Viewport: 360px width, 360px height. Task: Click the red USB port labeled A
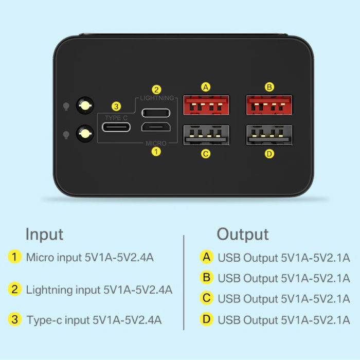[206, 105]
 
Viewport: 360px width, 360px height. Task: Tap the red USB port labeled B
[269, 105]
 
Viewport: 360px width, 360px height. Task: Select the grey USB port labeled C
[206, 135]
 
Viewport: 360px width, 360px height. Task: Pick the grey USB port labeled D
[269, 135]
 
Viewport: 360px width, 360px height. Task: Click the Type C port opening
[116, 127]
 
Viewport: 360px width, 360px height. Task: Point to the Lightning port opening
[156, 113]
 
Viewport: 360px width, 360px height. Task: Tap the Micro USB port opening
[156, 127]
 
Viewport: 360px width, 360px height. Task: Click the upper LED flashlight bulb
[85, 105]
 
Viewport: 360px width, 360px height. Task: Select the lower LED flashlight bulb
[85, 133]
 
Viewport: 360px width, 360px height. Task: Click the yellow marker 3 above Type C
[116, 106]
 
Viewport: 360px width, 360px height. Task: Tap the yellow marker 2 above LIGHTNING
[156, 90]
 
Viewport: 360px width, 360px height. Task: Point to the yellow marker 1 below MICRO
[156, 152]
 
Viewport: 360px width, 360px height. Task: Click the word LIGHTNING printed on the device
[157, 98]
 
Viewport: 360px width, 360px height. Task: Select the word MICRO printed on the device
[156, 143]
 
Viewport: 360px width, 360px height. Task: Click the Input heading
[45, 235]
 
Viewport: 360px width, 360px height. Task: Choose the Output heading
[243, 235]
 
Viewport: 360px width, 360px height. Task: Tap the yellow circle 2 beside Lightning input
[15, 289]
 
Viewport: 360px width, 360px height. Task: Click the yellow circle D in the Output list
[206, 319]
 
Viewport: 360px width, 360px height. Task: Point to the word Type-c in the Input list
[44, 320]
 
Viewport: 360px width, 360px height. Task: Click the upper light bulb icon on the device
[66, 106]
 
